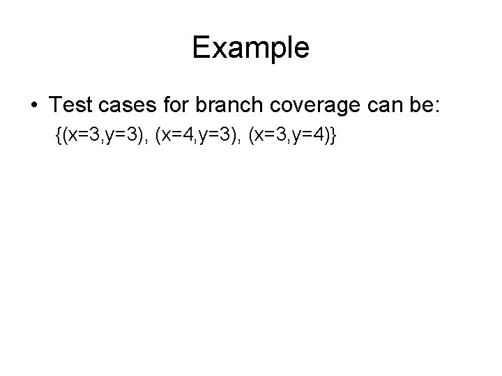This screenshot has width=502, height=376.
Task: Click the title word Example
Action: [250, 48]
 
